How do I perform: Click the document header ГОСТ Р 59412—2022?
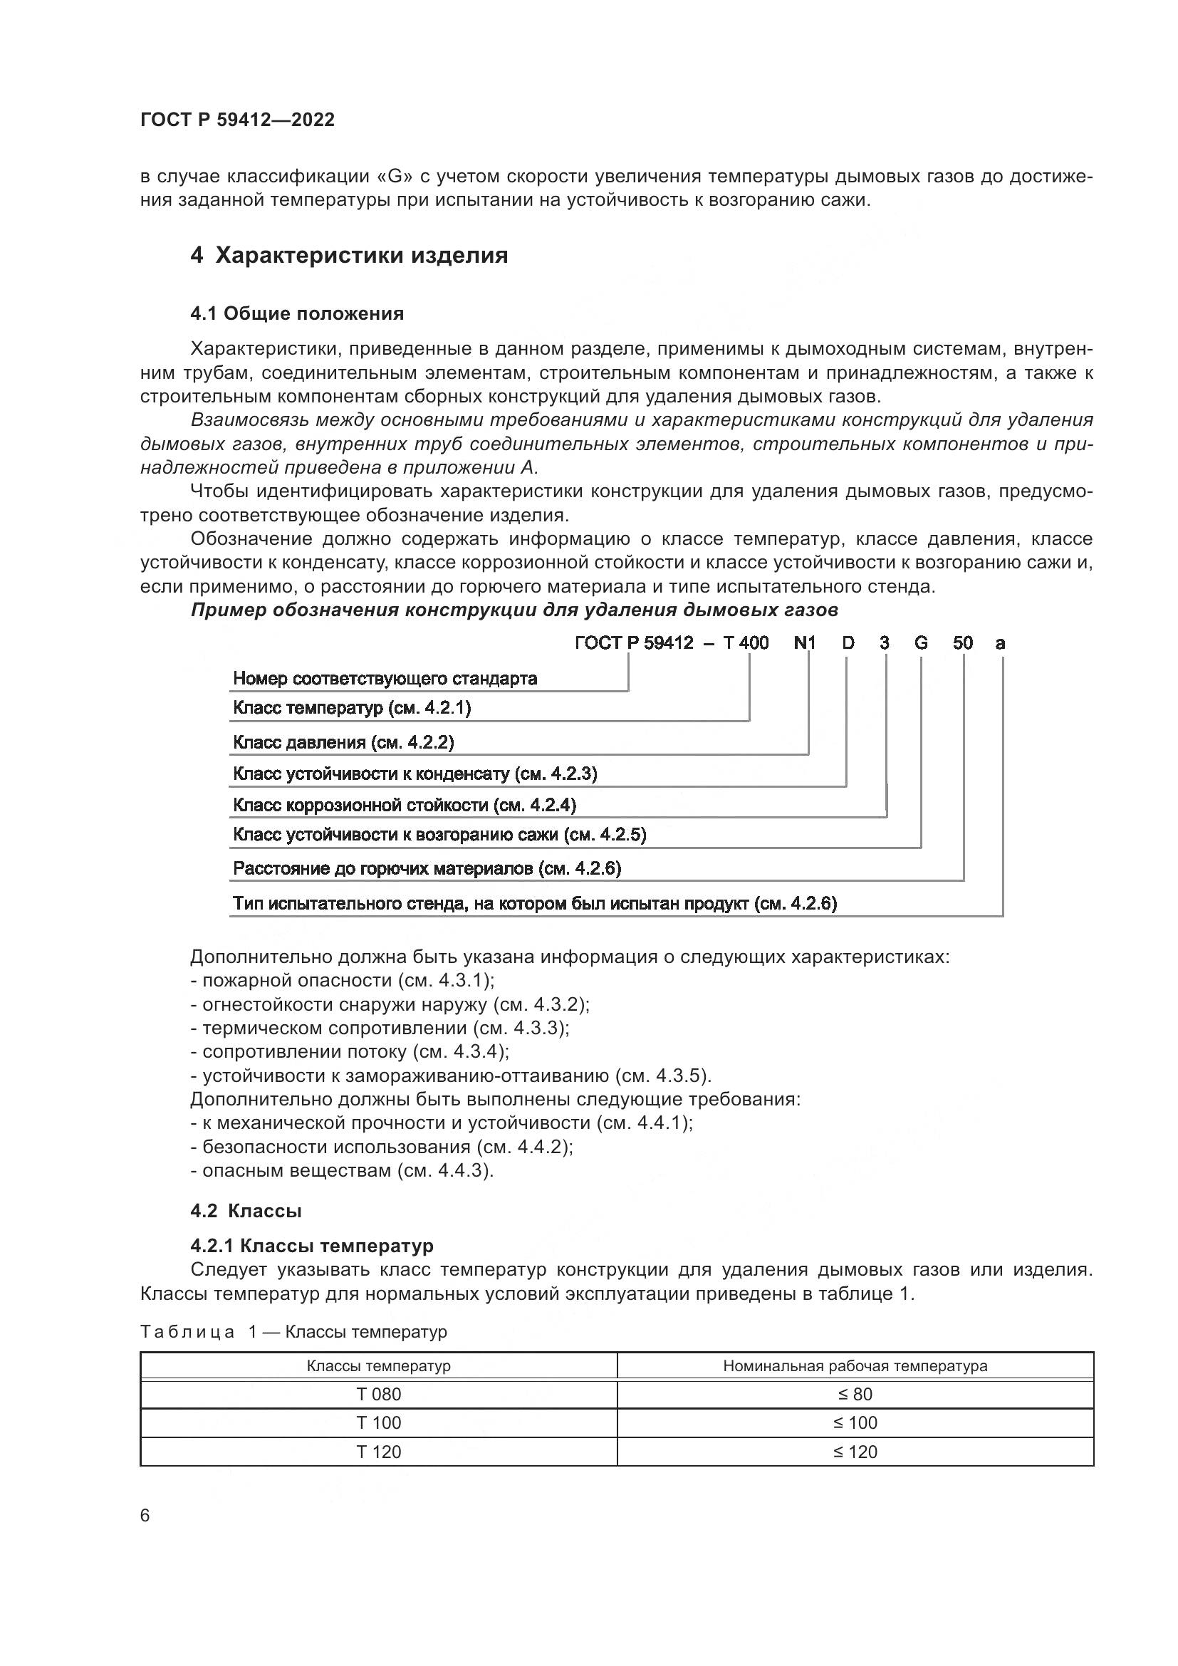click(x=237, y=120)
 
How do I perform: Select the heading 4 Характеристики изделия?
click(x=349, y=256)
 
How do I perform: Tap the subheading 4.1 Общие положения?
click(x=297, y=313)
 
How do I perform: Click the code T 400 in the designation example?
click(x=746, y=643)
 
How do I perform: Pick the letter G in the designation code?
click(x=920, y=643)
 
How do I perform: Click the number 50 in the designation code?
click(x=963, y=643)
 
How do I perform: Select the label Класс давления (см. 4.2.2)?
click(x=343, y=741)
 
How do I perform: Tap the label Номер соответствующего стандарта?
click(x=385, y=679)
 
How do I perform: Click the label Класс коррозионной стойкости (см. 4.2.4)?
click(x=404, y=805)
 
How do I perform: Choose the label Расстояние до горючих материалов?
click(x=427, y=868)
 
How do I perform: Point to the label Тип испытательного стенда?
click(x=535, y=903)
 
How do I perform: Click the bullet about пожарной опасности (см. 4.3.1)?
click(x=342, y=980)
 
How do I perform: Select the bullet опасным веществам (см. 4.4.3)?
click(x=342, y=1170)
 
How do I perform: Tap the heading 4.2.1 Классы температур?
click(x=312, y=1246)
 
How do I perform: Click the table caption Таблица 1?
click(x=293, y=1331)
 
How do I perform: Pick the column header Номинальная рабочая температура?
click(x=855, y=1365)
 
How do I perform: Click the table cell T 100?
click(x=379, y=1422)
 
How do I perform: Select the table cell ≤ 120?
click(x=855, y=1451)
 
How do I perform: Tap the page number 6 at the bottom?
click(x=145, y=1515)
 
